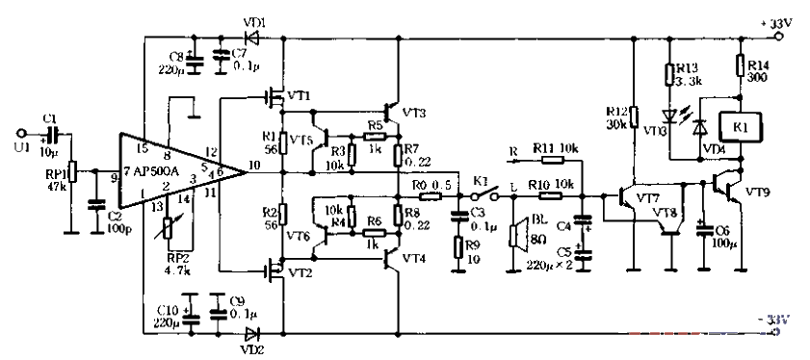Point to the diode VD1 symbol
tap(252, 38)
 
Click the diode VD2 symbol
tap(252, 333)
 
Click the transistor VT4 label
tap(416, 259)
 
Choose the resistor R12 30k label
tap(616, 116)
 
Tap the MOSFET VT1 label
tap(299, 95)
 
